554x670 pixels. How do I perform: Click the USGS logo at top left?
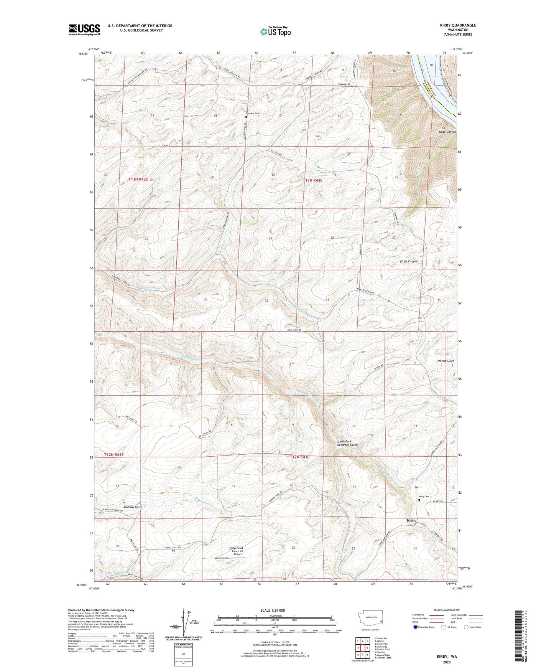point(84,29)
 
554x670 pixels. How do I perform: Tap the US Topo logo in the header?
point(275,31)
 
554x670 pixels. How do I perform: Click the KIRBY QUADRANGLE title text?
point(458,25)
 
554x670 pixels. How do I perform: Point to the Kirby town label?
point(411,520)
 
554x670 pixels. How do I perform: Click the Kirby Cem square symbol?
point(419,500)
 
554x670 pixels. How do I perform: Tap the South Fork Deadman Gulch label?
point(347,443)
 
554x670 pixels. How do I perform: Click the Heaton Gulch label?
point(445,361)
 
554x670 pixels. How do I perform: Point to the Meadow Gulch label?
point(133,507)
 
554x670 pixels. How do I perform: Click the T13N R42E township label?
point(140,179)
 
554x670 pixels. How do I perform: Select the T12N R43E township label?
point(299,457)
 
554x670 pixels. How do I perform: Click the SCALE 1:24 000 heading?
point(272,610)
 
